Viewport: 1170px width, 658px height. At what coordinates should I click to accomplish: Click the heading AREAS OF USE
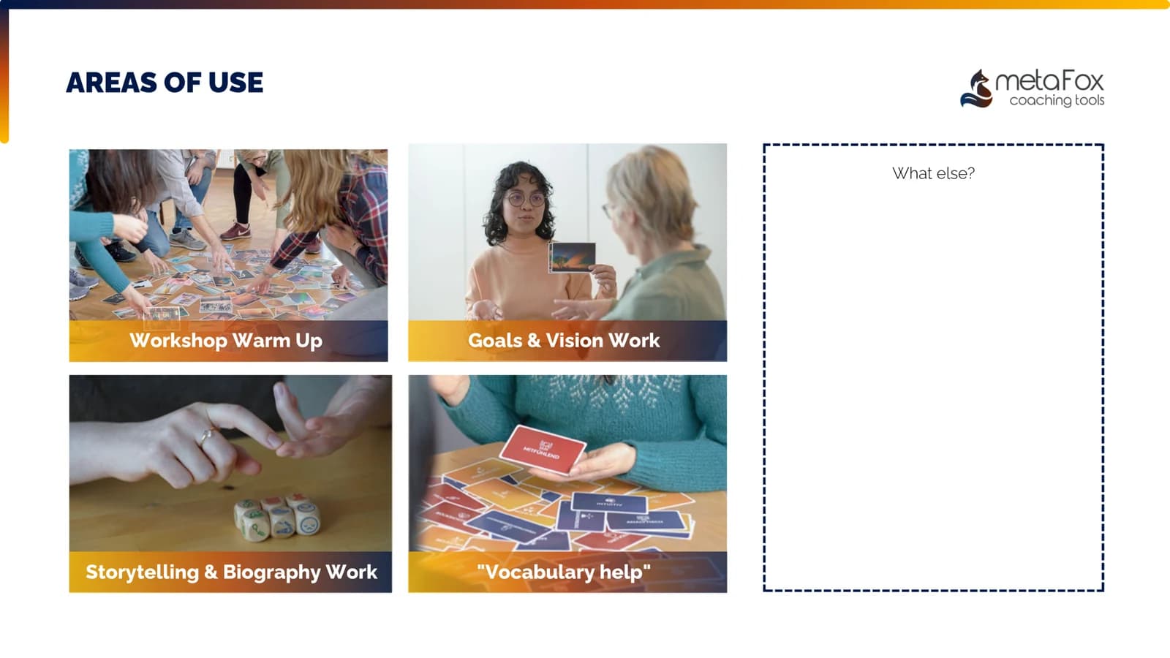coord(165,83)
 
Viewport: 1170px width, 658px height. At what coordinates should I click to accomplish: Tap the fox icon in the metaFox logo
coord(977,89)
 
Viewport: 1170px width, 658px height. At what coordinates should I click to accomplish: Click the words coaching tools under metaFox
coord(1057,100)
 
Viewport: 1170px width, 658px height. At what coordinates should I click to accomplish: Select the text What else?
coord(933,173)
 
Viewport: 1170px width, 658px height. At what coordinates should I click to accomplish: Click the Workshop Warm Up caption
coord(226,341)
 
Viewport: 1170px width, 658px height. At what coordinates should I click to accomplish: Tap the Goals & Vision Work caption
coord(564,341)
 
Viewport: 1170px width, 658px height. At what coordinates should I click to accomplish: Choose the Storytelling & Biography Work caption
coord(231,572)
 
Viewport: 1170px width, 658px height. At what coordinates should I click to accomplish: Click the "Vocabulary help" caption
coord(564,572)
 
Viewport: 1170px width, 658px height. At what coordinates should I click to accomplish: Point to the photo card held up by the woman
coord(573,257)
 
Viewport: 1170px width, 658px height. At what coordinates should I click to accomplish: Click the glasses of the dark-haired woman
coord(526,199)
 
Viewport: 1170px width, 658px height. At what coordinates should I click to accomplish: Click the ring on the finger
coord(207,437)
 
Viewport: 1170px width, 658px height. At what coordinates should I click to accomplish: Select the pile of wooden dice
coord(277,517)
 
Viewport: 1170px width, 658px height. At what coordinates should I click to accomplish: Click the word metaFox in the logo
coord(1049,80)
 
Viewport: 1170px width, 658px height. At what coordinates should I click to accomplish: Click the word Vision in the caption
coord(574,341)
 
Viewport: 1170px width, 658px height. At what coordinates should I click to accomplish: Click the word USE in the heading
coord(235,83)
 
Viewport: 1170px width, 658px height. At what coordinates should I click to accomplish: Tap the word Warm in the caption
coord(261,341)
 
